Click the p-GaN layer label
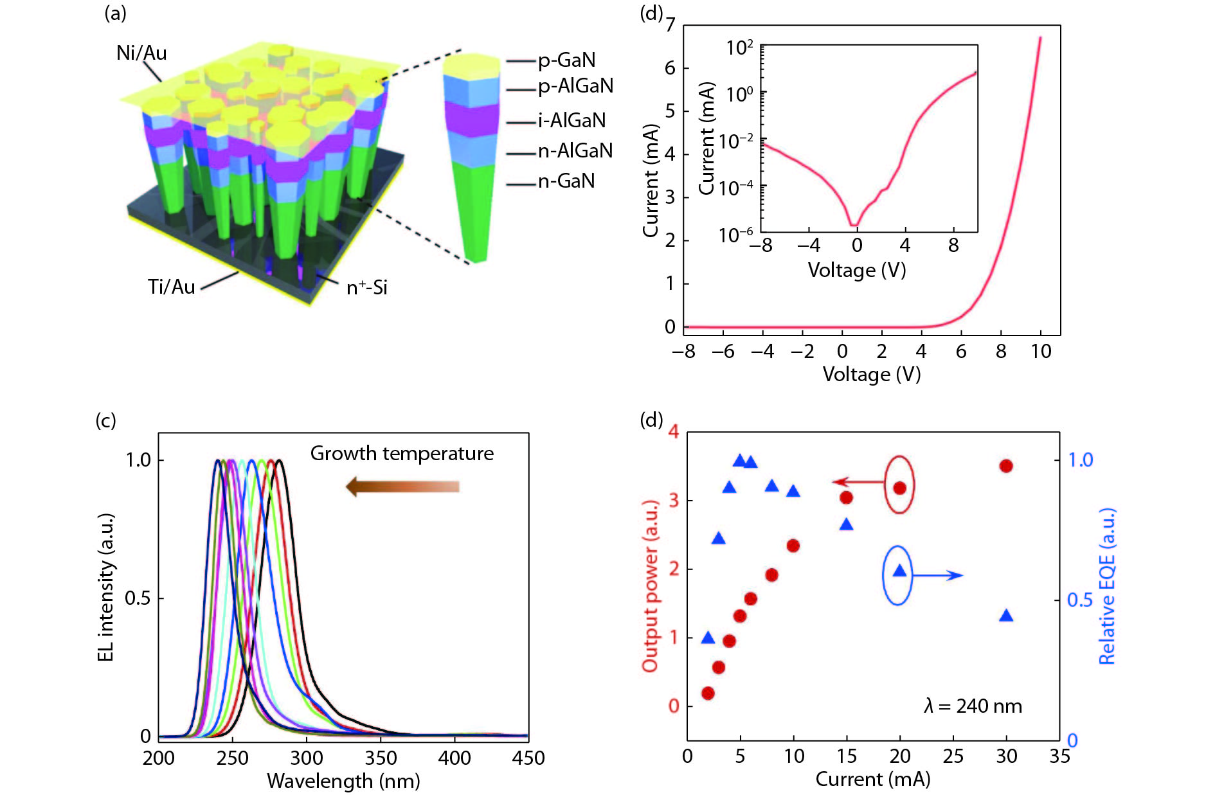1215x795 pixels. [566, 60]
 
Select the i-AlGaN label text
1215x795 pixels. [571, 121]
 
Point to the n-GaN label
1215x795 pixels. [566, 181]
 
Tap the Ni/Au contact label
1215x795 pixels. [141, 53]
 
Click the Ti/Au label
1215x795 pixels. [171, 287]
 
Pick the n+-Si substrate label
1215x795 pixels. [366, 287]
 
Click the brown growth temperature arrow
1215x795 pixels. [403, 487]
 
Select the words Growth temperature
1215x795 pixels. [402, 454]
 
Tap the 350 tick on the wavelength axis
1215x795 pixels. [381, 758]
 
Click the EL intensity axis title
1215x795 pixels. [106, 587]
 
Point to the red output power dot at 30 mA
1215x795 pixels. [1006, 466]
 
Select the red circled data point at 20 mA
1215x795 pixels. [899, 488]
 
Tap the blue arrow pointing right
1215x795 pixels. [937, 575]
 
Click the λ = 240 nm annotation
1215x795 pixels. [973, 706]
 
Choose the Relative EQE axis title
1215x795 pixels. [1106, 586]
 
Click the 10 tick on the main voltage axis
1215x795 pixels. [1041, 352]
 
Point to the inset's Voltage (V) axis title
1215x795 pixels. [857, 270]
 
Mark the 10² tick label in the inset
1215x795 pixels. [739, 48]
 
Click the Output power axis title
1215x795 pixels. [651, 586]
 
